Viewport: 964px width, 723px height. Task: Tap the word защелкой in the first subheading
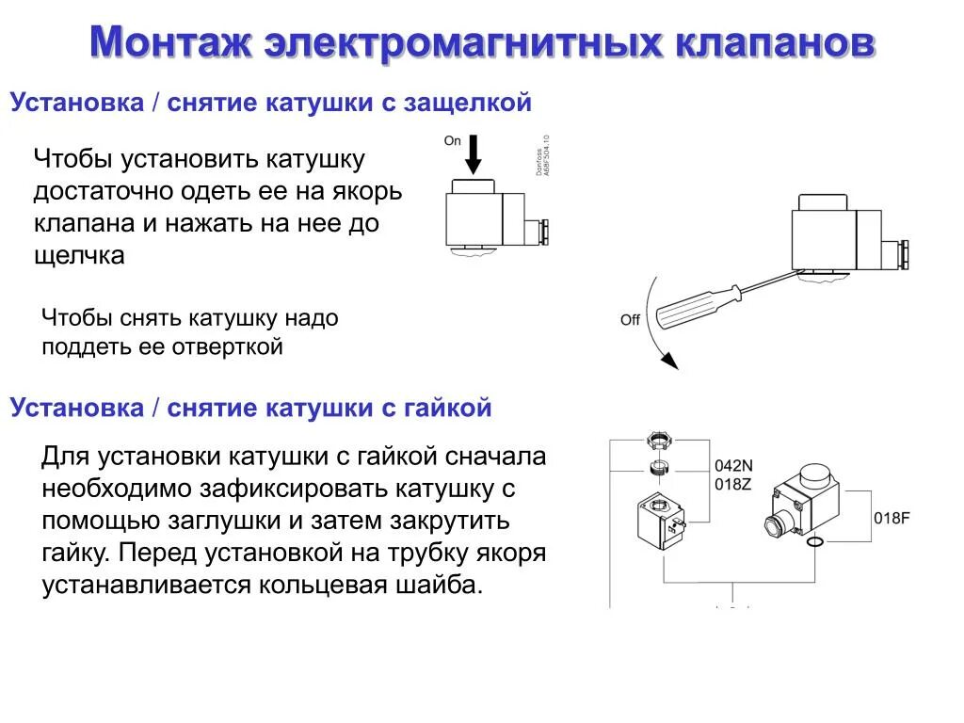point(468,103)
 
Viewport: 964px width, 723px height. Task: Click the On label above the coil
point(452,141)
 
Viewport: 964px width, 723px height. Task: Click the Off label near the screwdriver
point(630,320)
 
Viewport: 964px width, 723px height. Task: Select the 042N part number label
point(734,465)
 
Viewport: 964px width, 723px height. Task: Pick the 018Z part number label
point(734,483)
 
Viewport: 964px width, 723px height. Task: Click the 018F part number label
point(892,518)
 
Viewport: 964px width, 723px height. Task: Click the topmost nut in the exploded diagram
point(658,441)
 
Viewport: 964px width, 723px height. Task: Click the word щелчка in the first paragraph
point(79,255)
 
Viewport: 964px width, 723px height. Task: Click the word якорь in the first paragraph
point(366,191)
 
